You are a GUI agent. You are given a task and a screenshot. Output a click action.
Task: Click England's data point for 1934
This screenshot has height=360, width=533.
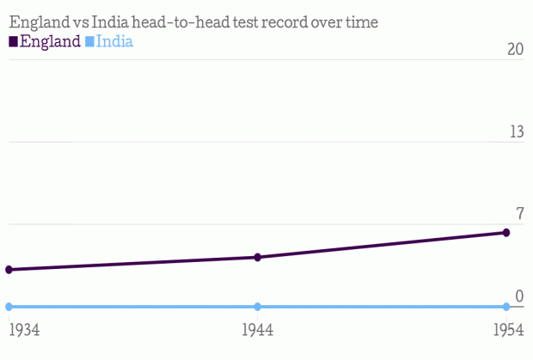pos(9,270)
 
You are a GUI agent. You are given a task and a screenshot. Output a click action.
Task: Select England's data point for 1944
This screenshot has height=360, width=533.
pos(258,258)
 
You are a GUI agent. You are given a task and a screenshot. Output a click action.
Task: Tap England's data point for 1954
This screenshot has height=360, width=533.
pos(506,233)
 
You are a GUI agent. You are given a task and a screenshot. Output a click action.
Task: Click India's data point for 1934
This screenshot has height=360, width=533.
pos(9,307)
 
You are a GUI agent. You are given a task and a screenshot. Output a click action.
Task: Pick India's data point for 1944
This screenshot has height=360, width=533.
pos(258,307)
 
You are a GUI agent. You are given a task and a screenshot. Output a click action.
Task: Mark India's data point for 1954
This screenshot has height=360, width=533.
pos(506,307)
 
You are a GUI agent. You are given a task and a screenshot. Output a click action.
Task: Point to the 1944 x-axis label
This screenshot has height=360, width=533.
pos(258,330)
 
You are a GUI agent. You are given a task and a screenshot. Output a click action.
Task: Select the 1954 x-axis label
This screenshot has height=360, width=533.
pos(509,330)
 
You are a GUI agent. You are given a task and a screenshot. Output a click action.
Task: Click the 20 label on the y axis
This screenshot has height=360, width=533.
pos(514,49)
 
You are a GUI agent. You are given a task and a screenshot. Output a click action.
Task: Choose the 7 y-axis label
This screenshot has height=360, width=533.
pos(518,214)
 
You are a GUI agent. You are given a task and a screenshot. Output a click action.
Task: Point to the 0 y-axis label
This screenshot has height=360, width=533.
pos(518,296)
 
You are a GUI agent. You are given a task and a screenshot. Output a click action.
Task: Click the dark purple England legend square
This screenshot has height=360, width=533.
pos(13,41)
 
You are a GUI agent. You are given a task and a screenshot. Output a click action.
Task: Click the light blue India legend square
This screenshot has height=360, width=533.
pos(89,41)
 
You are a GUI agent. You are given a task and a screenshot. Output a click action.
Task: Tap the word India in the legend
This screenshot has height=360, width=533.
pos(114,40)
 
